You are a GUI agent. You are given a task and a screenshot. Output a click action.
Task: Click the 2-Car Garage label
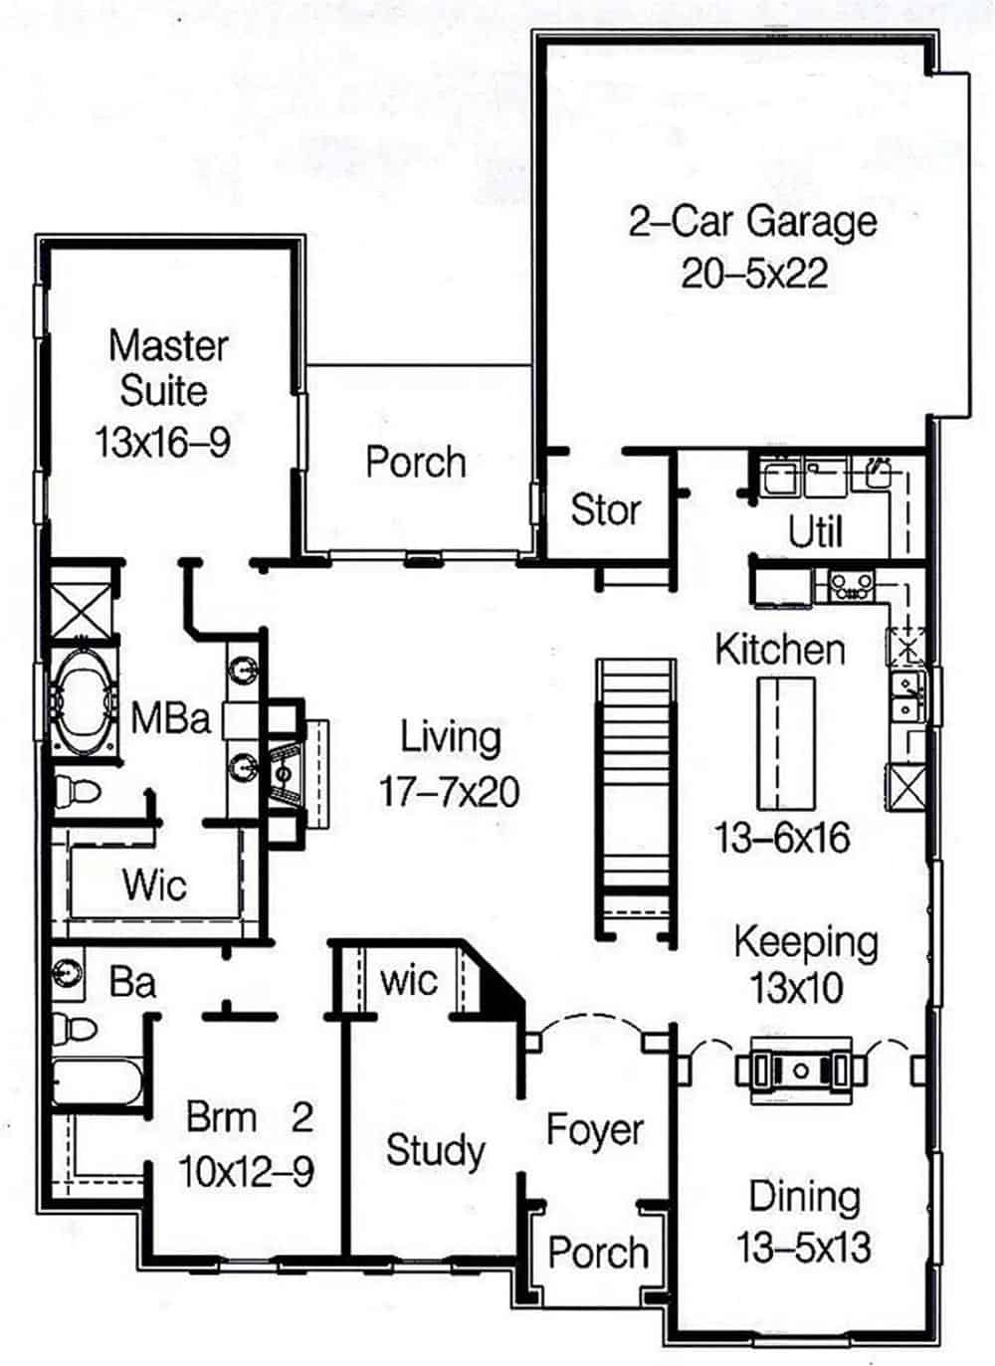click(753, 222)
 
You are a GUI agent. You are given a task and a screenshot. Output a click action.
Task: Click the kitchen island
click(786, 744)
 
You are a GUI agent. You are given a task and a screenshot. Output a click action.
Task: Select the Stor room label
click(606, 509)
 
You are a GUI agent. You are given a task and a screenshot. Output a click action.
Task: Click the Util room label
click(815, 531)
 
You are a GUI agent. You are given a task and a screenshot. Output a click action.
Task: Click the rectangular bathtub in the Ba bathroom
click(98, 1081)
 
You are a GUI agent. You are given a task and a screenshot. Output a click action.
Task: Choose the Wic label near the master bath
click(154, 883)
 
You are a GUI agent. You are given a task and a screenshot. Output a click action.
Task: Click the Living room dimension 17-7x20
click(450, 792)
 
